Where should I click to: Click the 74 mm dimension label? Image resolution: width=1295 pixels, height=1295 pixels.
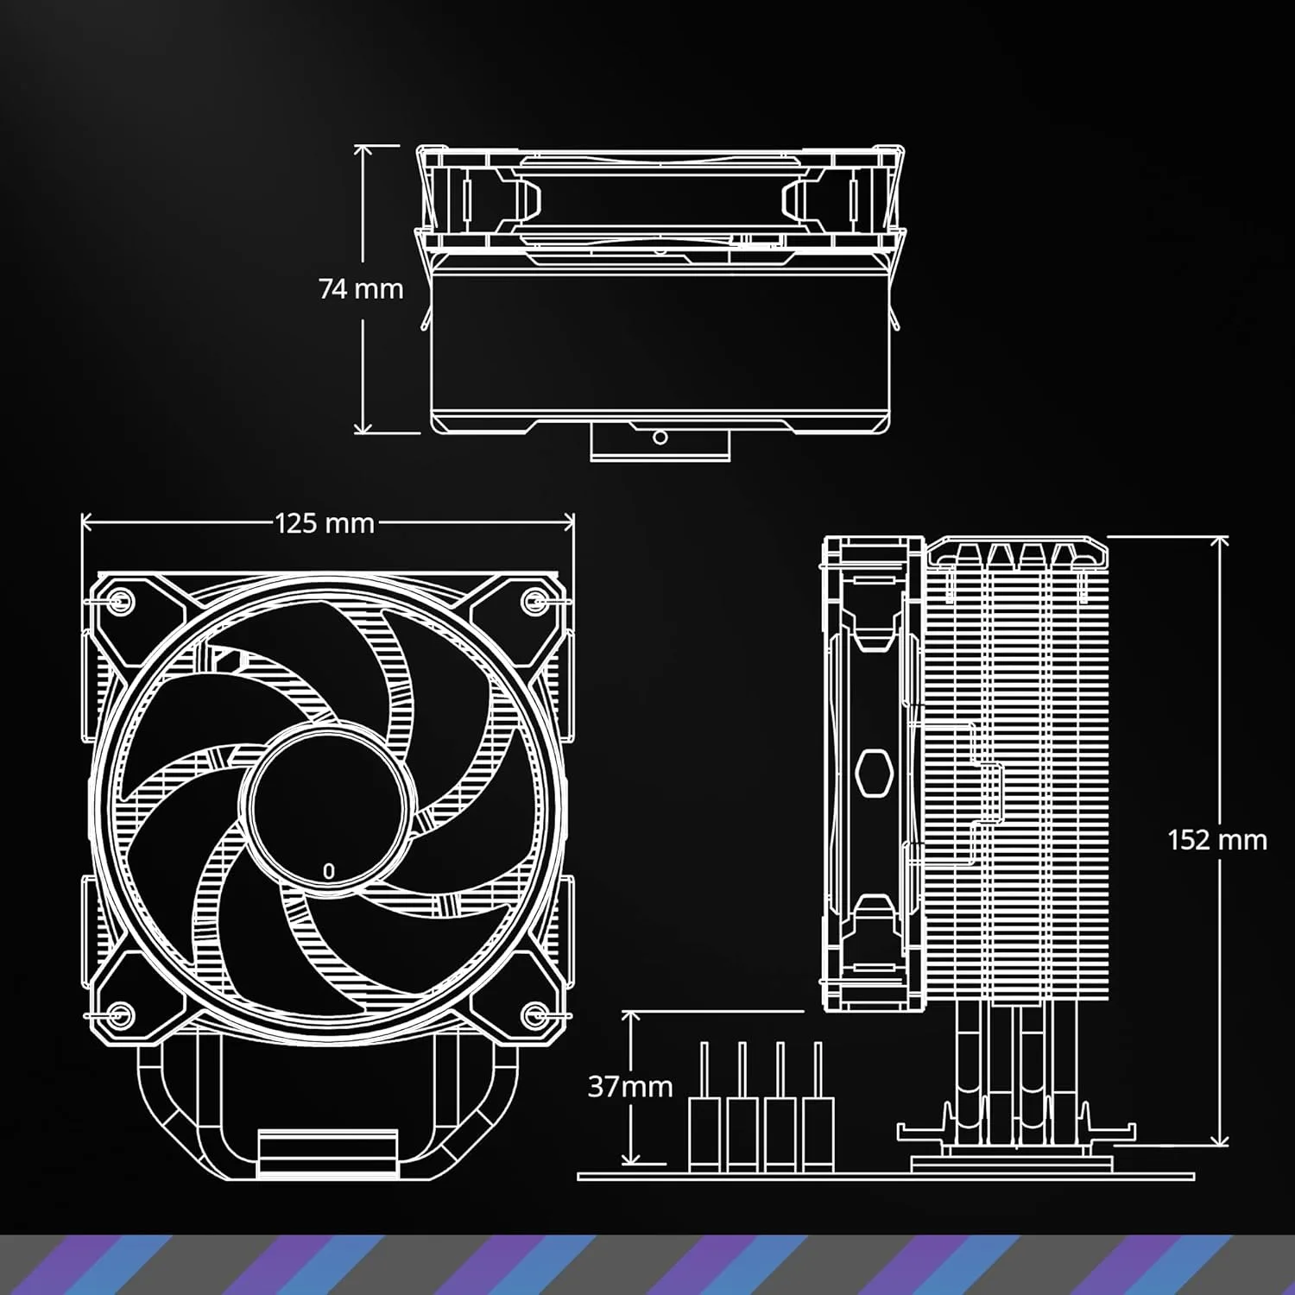[x=361, y=288]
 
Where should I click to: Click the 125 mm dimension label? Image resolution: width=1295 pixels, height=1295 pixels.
[x=325, y=523]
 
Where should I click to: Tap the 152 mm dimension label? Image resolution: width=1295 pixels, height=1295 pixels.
[x=1216, y=840]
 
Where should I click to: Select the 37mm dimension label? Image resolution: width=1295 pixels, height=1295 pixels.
[x=630, y=1086]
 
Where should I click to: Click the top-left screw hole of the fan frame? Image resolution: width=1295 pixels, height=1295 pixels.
[x=121, y=598]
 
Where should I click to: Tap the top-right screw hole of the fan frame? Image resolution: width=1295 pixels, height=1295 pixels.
[x=534, y=598]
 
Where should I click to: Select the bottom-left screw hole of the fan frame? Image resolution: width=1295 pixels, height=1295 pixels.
[x=121, y=1012]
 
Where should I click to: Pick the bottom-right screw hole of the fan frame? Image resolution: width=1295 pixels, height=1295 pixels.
[x=534, y=1012]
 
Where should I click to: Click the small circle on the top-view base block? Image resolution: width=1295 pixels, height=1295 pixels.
[x=660, y=438]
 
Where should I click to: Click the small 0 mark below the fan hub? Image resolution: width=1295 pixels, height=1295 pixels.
[x=328, y=872]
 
